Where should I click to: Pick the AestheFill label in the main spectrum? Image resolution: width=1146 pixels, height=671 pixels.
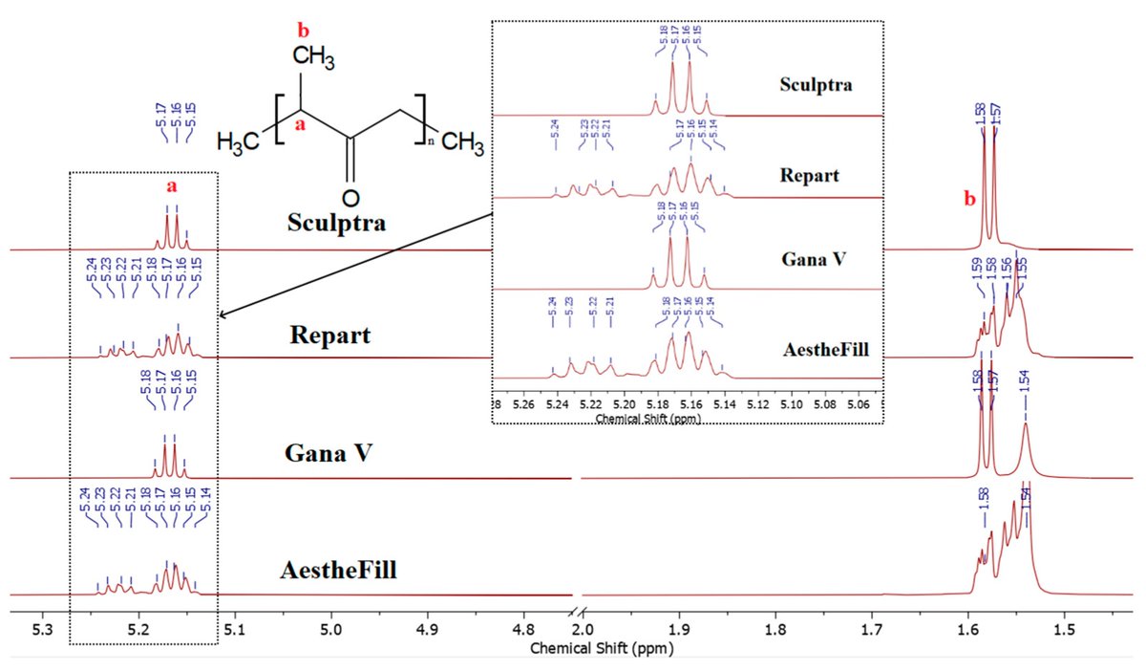(x=339, y=571)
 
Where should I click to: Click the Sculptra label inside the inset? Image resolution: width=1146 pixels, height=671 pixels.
(x=816, y=84)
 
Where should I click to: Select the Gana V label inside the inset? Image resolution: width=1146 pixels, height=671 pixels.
(x=814, y=261)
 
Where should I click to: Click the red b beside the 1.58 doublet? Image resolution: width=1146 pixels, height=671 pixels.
(x=968, y=200)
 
